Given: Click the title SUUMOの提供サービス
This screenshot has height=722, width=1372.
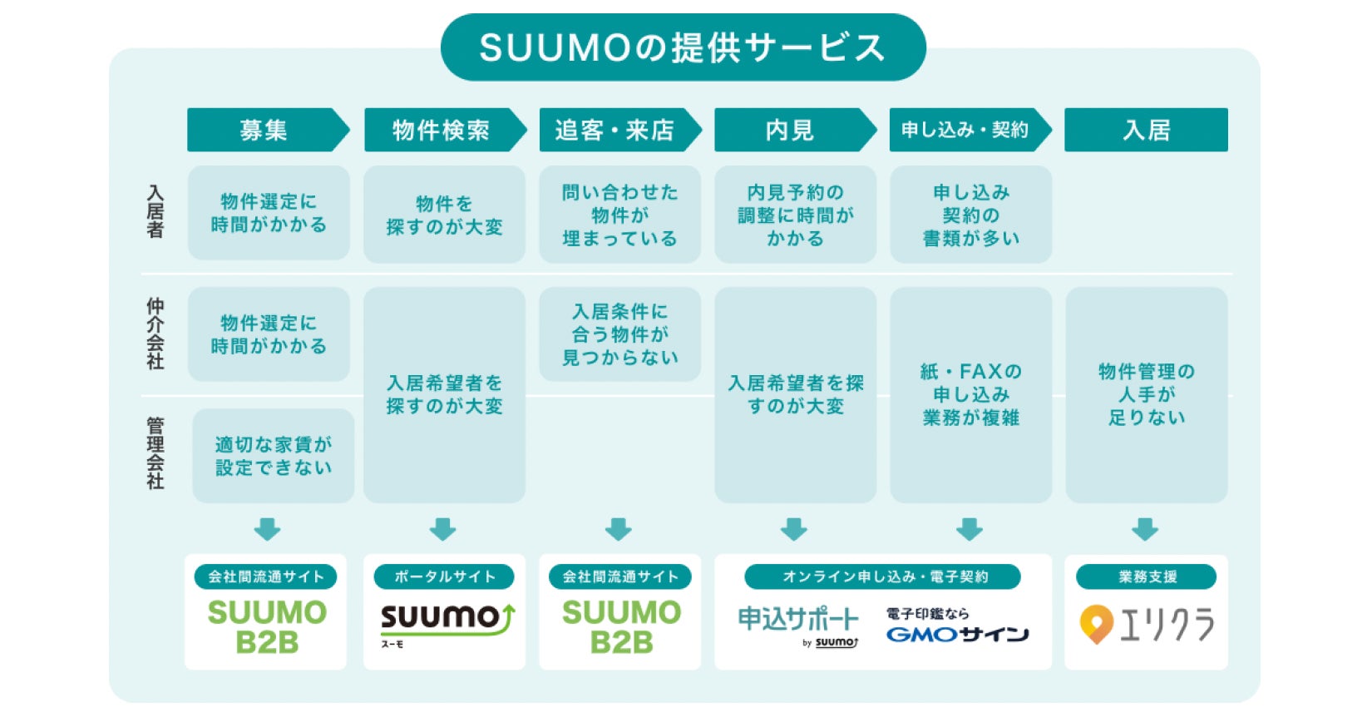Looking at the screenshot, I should [683, 47].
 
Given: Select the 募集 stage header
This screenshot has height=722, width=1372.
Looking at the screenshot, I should [264, 130].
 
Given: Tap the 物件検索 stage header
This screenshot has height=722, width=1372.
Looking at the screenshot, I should [441, 130].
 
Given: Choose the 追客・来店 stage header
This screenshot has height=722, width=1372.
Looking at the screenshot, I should [614, 130].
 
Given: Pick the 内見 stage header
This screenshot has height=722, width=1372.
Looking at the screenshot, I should [790, 130].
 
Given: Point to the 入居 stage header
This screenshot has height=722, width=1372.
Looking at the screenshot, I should [1146, 130].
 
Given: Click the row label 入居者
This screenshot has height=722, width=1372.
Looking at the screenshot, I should [155, 212].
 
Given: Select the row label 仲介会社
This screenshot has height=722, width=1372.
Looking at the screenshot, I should [155, 334].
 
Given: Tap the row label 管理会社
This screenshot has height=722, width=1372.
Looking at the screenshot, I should [155, 454].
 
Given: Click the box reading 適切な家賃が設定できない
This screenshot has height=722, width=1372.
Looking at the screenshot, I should [273, 456].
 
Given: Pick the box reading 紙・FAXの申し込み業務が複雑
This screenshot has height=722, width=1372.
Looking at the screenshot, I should [970, 394].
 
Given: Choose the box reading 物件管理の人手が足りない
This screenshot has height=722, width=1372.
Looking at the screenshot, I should [1146, 394].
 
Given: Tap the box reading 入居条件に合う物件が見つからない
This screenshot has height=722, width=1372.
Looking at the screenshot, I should [619, 334].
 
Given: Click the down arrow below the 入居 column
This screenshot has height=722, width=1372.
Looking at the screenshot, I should [1145, 529].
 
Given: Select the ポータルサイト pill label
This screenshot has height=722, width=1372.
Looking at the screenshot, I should [444, 576].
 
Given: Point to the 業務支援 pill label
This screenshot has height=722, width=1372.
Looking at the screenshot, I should [1146, 576].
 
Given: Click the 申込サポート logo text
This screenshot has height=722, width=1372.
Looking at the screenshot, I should [797, 620].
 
